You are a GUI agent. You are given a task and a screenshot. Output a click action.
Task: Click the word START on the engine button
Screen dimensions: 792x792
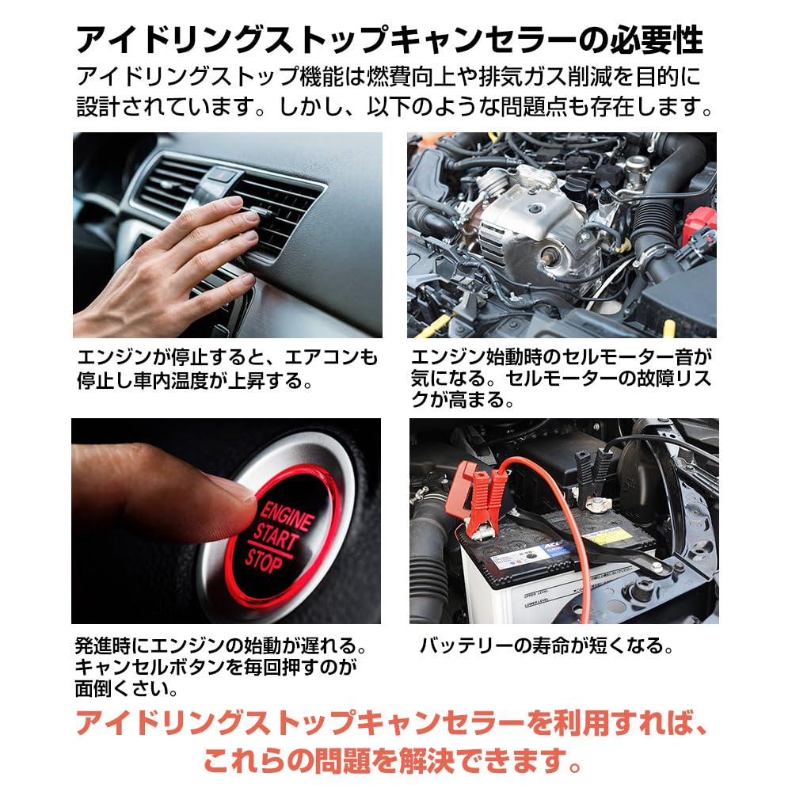tap(277, 538)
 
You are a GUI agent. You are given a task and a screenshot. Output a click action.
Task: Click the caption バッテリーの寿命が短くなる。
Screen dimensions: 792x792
tap(546, 645)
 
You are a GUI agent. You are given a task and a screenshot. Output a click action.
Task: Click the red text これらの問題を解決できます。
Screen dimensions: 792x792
tap(393, 761)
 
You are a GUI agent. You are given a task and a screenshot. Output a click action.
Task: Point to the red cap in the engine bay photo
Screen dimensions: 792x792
tap(699, 223)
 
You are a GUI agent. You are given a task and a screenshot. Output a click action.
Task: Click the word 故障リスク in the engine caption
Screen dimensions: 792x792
tap(678, 379)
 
